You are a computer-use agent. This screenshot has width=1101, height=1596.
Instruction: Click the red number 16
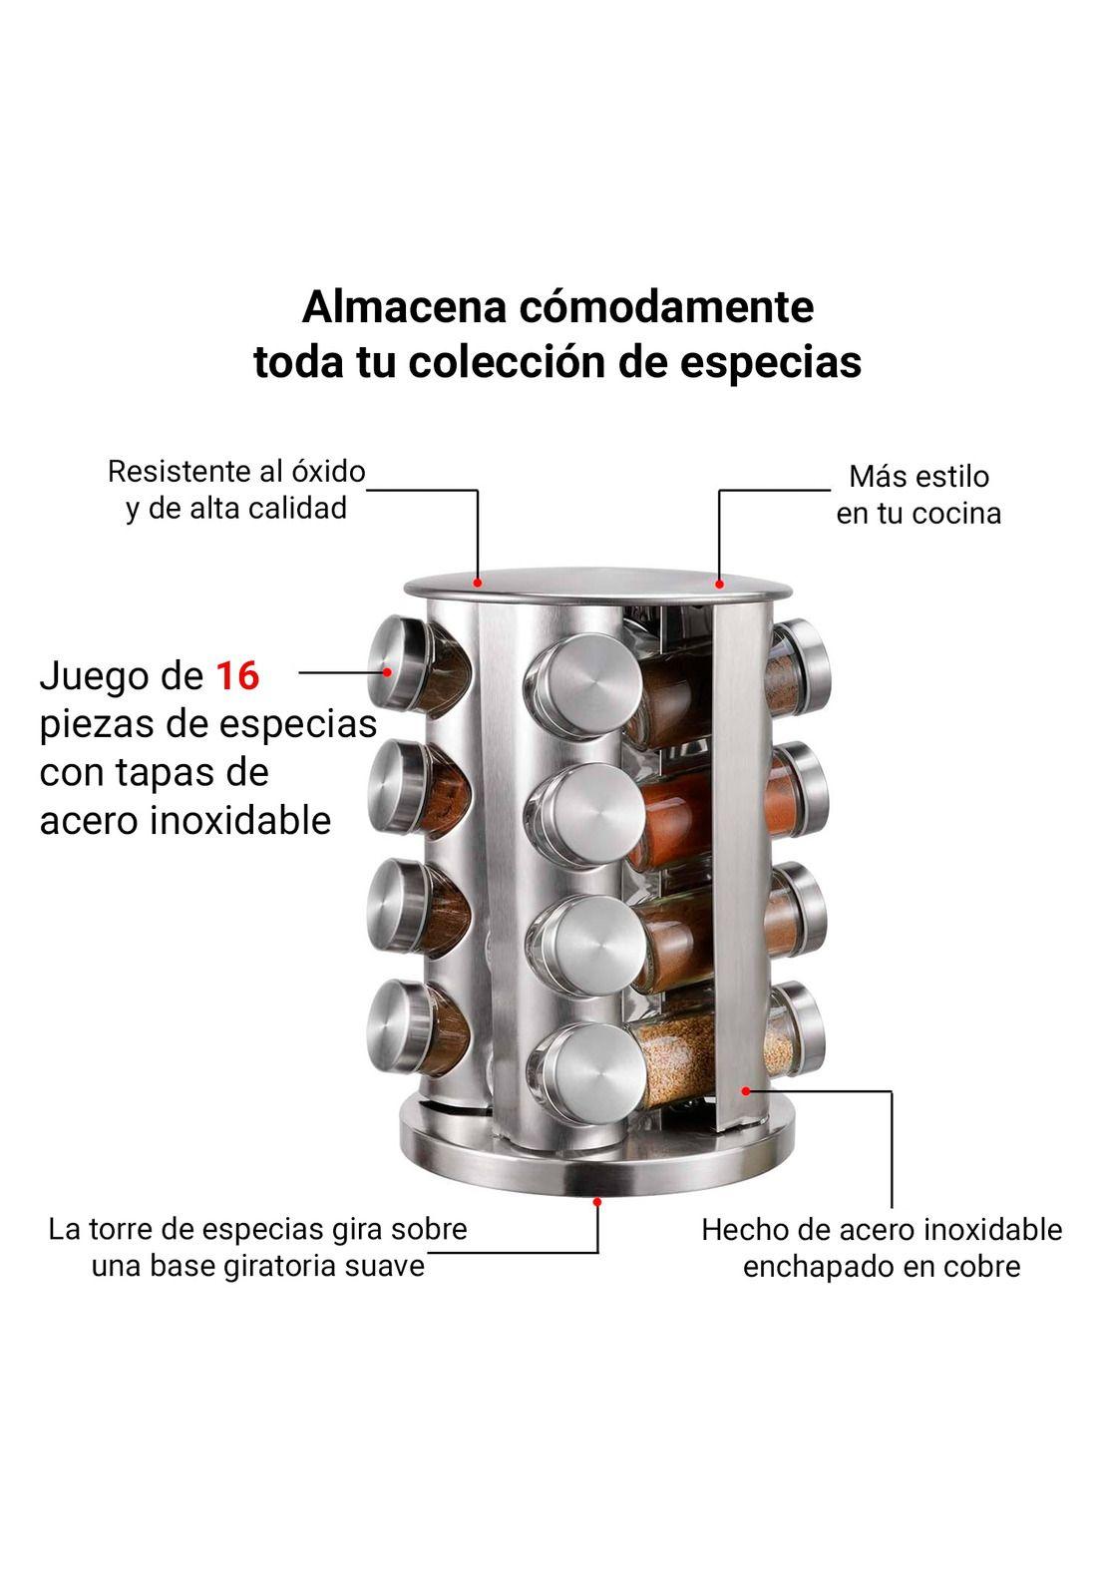pyautogui.click(x=237, y=676)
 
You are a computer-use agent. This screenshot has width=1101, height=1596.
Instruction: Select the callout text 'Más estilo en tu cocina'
pyautogui.click(x=918, y=495)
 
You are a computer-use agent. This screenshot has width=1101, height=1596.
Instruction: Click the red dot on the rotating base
pyautogui.click(x=597, y=1202)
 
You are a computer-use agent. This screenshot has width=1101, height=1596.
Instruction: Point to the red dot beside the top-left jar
pyautogui.click(x=385, y=671)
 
